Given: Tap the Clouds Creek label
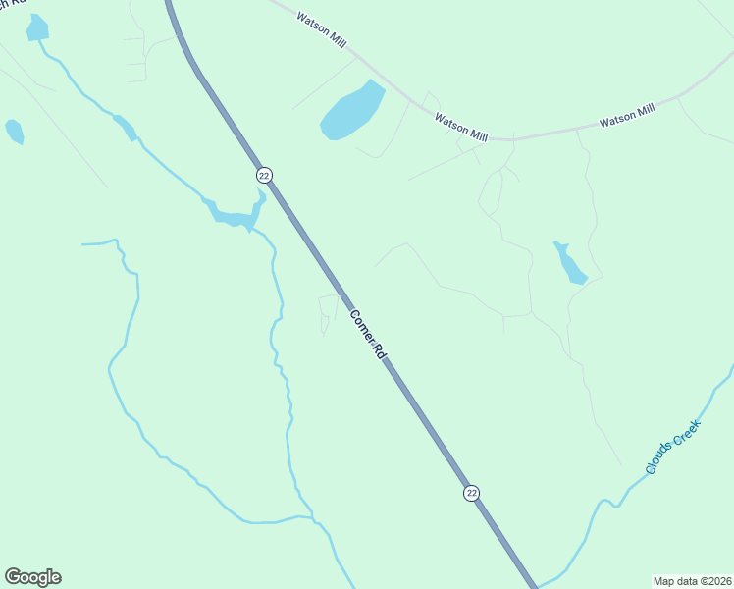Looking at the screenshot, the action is pyautogui.click(x=672, y=447).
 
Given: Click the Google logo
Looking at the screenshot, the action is pyautogui.click(x=32, y=577).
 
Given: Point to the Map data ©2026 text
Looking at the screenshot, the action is pyautogui.click(x=691, y=581).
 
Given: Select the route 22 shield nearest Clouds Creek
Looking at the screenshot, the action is pyautogui.click(x=472, y=493).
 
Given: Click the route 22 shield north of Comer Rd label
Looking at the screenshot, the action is pyautogui.click(x=264, y=175).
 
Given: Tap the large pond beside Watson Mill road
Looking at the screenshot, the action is pyautogui.click(x=351, y=111).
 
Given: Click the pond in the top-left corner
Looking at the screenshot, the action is pyautogui.click(x=36, y=27).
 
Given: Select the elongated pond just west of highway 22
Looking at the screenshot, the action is pyautogui.click(x=234, y=215).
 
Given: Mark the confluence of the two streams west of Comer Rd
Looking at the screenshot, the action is pyautogui.click(x=313, y=518).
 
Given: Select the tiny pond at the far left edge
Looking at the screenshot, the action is pyautogui.click(x=14, y=131).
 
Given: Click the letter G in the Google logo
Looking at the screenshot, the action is pyautogui.click(x=13, y=577).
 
